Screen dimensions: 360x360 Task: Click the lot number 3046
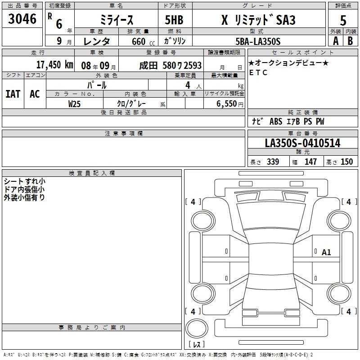(22, 19)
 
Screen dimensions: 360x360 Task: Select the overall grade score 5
(343, 21)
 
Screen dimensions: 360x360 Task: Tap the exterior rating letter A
(336, 41)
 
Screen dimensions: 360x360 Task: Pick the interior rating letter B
(350, 41)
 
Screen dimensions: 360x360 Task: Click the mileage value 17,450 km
(54, 65)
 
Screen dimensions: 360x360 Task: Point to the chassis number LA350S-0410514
(302, 143)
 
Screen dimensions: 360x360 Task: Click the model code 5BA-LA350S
(258, 41)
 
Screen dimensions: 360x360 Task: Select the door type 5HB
(174, 20)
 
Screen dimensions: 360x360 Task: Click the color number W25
(74, 104)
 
